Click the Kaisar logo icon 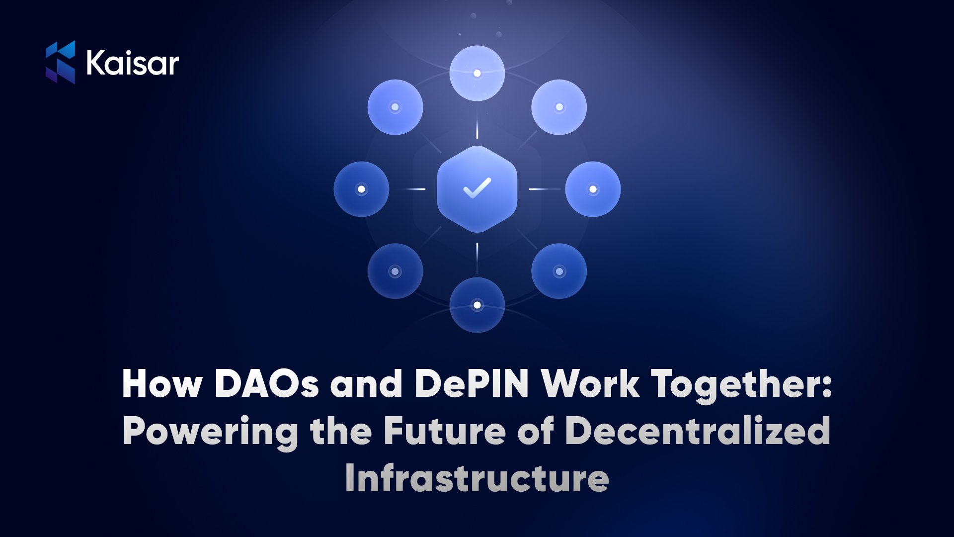point(60,62)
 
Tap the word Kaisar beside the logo point(133,63)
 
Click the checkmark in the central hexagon point(477,188)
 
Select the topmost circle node point(477,73)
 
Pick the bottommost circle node point(477,305)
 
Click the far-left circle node point(361,189)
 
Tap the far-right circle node point(593,189)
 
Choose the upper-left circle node point(395,107)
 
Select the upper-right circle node point(559,107)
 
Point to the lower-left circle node point(395,271)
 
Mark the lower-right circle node point(559,271)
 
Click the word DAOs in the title point(267,383)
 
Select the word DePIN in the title point(472,383)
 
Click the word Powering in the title point(211,432)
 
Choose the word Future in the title point(445,431)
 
